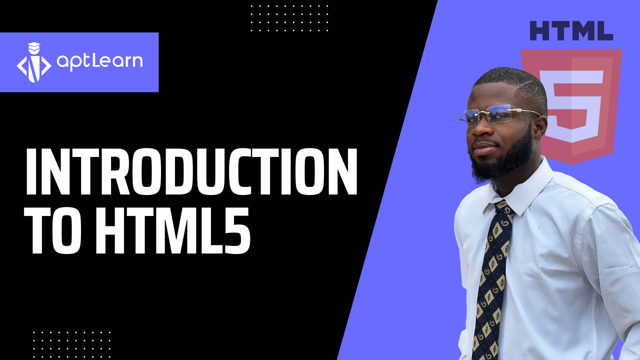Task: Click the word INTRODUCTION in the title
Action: tap(191, 172)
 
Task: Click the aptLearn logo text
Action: tap(99, 61)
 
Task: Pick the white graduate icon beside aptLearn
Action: tap(34, 62)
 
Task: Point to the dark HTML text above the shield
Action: tap(571, 31)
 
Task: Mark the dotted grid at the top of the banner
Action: tap(289, 18)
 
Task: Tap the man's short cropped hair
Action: tap(515, 82)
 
